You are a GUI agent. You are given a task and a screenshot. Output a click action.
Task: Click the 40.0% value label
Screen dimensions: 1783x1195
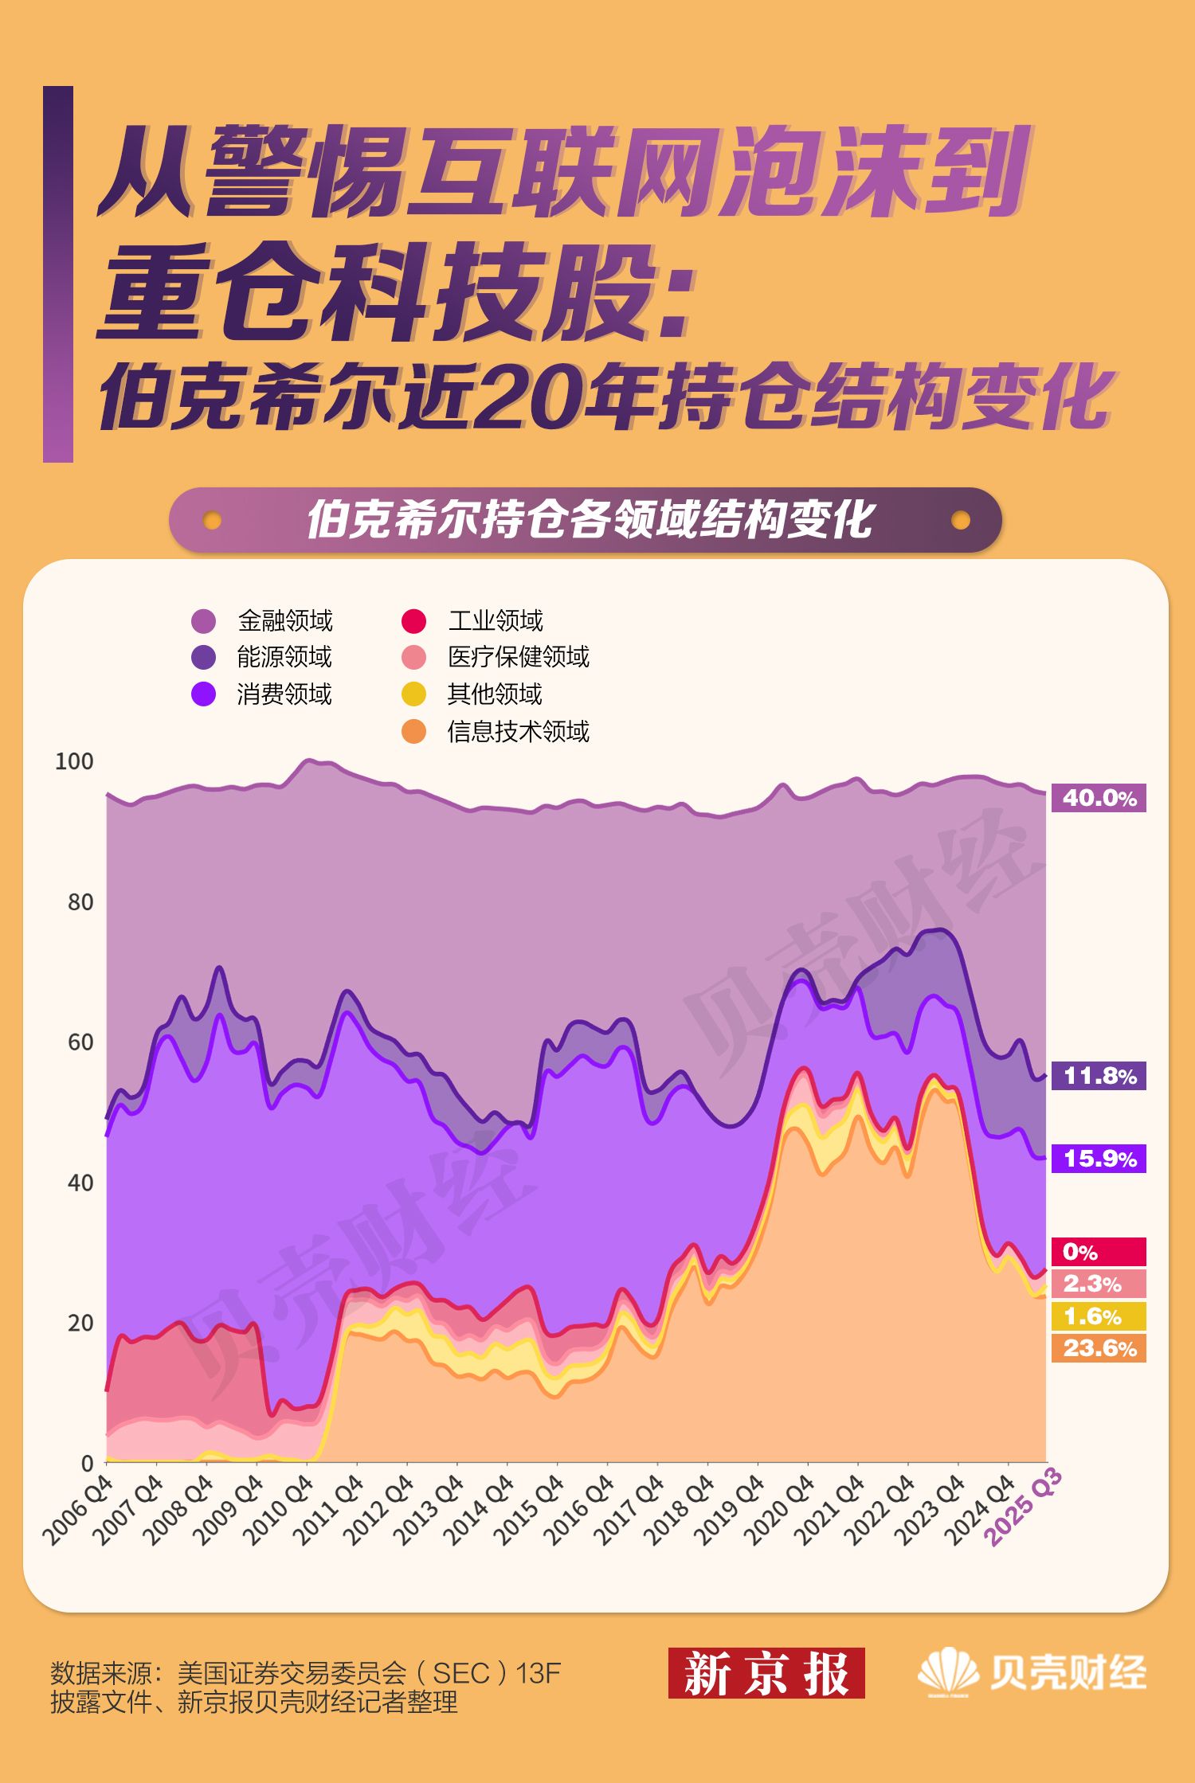(x=1099, y=797)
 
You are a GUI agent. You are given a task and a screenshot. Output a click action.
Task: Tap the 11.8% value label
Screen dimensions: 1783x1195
(x=1099, y=1076)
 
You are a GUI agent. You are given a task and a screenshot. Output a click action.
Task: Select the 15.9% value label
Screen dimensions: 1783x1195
(x=1099, y=1159)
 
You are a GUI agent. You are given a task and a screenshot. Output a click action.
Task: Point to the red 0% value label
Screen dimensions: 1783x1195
(x=1099, y=1252)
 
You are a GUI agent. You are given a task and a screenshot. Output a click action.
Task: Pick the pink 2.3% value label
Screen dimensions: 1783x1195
(x=1099, y=1284)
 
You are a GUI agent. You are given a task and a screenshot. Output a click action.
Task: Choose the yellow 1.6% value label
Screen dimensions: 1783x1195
(x=1099, y=1316)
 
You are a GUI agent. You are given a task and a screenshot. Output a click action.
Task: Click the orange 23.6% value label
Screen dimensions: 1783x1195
(x=1099, y=1348)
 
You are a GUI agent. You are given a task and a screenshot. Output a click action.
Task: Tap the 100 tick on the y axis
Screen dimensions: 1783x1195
(x=74, y=761)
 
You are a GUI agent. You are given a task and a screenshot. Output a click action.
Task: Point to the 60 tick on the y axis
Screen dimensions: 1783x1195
(x=80, y=1042)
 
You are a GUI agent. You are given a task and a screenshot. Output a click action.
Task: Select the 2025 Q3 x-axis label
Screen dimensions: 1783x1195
(x=1024, y=1507)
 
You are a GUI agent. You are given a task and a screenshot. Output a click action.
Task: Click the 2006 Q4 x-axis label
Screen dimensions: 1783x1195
(x=78, y=1511)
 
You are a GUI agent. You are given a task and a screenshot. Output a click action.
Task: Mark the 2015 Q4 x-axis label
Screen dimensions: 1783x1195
(x=529, y=1511)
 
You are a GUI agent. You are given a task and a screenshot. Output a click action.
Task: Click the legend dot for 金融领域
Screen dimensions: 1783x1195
(x=204, y=620)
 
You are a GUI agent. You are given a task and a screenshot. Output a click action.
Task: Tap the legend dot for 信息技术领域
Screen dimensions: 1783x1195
(x=413, y=731)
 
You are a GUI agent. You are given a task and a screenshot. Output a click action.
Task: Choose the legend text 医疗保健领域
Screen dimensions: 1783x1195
(x=519, y=657)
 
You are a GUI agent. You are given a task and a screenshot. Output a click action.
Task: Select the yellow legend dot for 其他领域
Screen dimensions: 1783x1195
(x=413, y=694)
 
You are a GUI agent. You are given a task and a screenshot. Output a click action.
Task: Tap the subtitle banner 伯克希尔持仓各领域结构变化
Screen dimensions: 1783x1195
(x=586, y=520)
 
